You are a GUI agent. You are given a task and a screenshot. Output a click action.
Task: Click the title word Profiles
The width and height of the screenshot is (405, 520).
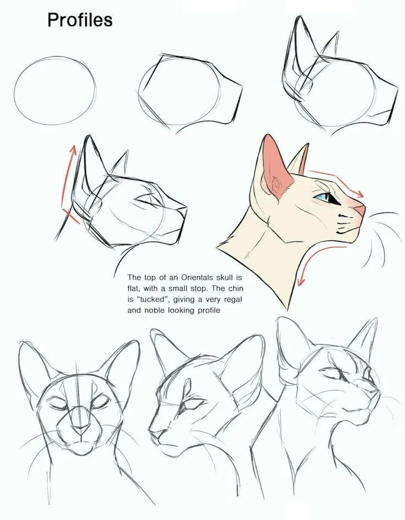[80, 20]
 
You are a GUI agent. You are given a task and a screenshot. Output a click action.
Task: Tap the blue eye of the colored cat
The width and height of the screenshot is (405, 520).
[323, 197]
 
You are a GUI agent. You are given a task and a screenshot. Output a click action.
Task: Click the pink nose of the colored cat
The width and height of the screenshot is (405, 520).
[359, 210]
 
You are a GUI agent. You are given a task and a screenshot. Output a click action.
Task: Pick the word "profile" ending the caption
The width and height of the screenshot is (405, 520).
[209, 311]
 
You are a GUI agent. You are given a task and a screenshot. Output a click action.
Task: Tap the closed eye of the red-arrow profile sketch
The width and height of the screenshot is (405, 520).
[146, 201]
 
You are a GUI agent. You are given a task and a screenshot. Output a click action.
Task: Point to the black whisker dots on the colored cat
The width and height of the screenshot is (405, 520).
[343, 224]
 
